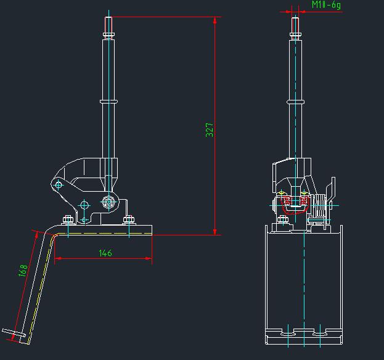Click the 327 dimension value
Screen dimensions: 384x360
(x=210, y=130)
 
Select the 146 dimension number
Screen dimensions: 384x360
(x=105, y=253)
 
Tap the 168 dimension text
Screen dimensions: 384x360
(x=23, y=271)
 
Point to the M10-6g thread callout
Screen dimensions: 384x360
(x=326, y=5)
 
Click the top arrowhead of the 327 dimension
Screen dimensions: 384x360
(x=214, y=20)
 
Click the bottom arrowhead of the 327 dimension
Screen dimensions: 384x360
(x=214, y=232)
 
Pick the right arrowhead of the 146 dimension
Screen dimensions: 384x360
(x=149, y=258)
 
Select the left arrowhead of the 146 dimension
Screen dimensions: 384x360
(x=58, y=258)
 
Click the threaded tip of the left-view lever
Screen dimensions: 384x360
(x=108, y=25)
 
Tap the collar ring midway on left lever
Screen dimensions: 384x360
(x=108, y=101)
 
